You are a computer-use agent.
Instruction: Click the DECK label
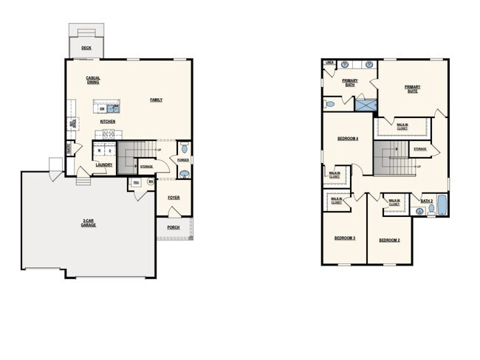[87, 49]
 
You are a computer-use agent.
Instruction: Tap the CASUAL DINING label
[93, 80]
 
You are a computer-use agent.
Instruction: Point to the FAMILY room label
[157, 100]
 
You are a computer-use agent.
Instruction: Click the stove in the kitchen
[108, 134]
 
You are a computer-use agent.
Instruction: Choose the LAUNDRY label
[104, 165]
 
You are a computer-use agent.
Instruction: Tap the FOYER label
[174, 198]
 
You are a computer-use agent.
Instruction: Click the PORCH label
[174, 227]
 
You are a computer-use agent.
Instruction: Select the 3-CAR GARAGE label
[89, 223]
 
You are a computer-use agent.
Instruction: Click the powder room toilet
[184, 173]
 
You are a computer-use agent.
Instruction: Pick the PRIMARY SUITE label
[412, 89]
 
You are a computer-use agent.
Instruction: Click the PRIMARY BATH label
[350, 82]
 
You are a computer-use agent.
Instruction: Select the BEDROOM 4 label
[348, 139]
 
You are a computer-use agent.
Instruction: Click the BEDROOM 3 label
[345, 238]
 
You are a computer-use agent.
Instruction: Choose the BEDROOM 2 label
[389, 240]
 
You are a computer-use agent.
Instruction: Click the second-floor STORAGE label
[419, 150]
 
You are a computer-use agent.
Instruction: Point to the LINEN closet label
[329, 63]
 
